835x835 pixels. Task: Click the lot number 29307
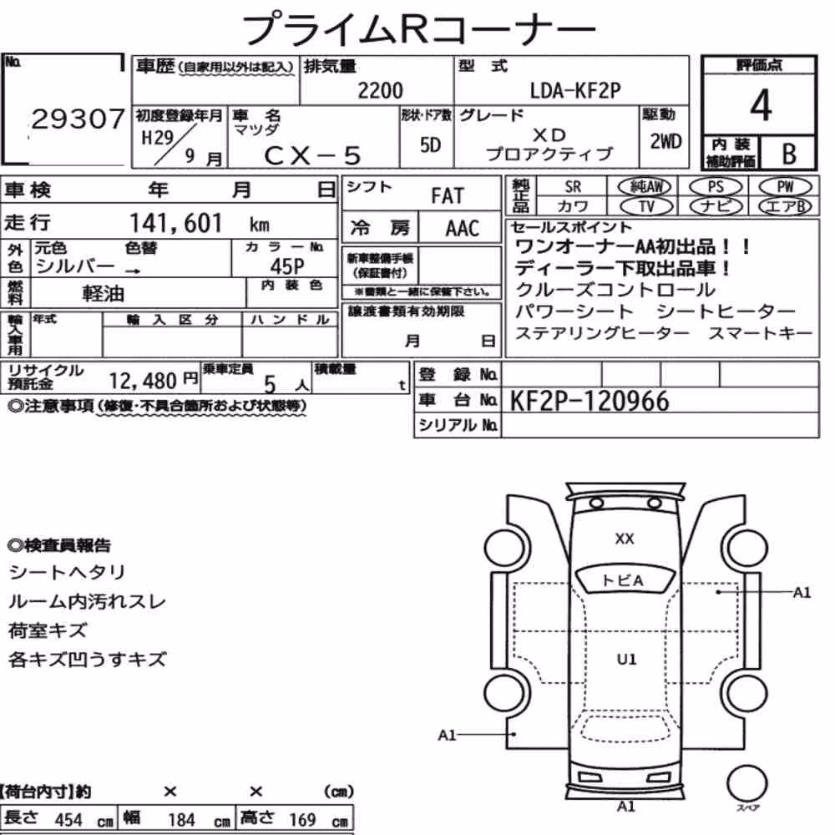(78, 119)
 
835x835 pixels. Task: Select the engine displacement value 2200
(380, 90)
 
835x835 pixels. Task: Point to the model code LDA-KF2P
(575, 90)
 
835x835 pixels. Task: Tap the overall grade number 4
(761, 105)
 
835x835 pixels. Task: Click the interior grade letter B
(789, 154)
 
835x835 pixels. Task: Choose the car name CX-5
(312, 155)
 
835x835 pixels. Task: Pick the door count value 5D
(430, 144)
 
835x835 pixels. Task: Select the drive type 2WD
(665, 141)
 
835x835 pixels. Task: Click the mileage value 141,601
(175, 223)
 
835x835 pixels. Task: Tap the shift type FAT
(448, 195)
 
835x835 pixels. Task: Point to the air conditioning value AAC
(463, 229)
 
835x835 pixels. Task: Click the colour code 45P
(287, 266)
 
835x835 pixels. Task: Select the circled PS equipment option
(716, 187)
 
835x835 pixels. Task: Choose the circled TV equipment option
(646, 206)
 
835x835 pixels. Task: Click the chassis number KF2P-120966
(590, 401)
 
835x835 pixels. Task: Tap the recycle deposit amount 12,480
(143, 381)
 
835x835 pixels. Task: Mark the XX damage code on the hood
(624, 539)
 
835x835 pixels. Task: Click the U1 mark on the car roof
(626, 660)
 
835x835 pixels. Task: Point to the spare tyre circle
(746, 783)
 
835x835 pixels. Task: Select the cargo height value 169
(302, 819)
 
